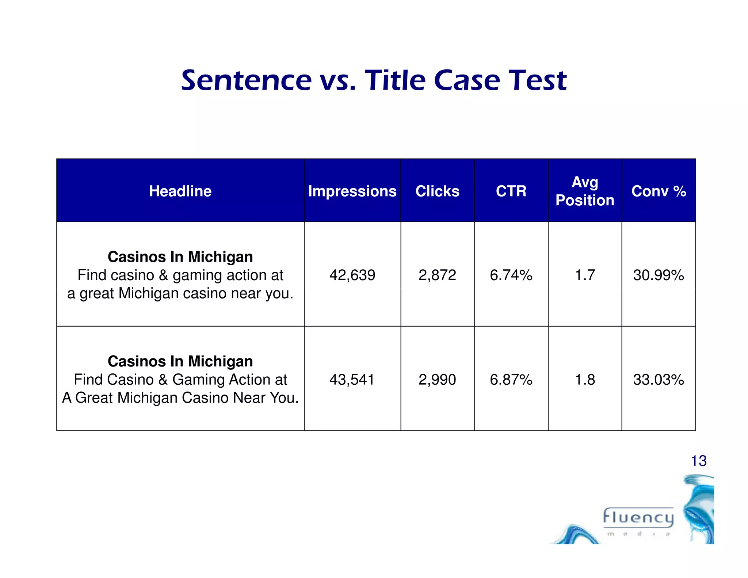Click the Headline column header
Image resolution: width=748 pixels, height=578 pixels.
[x=180, y=191]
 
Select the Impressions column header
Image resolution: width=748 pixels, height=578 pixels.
[x=352, y=191]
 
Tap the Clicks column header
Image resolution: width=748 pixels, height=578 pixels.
[x=437, y=191]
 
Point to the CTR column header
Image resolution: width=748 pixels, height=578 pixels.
[x=511, y=191]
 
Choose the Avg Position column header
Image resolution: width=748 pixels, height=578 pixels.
[x=585, y=191]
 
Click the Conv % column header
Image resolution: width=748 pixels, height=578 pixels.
[x=659, y=191]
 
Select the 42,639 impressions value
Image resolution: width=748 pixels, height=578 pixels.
[x=352, y=275]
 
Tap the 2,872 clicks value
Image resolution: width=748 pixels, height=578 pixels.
[x=437, y=275]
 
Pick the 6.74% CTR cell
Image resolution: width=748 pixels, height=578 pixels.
[x=511, y=275]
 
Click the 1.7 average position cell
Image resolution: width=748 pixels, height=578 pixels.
[x=585, y=275]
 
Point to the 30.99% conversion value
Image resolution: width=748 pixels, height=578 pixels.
[x=659, y=275]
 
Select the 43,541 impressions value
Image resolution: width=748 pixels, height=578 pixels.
[x=352, y=379]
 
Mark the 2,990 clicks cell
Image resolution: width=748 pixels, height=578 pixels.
[x=437, y=379]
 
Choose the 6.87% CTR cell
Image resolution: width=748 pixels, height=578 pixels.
[x=511, y=379]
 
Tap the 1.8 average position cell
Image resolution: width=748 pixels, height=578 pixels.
[x=585, y=379]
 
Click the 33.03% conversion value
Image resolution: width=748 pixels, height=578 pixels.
[x=659, y=379]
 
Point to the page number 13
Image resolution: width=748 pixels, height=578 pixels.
[x=698, y=461]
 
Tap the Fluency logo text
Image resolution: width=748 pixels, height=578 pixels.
[x=638, y=518]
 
